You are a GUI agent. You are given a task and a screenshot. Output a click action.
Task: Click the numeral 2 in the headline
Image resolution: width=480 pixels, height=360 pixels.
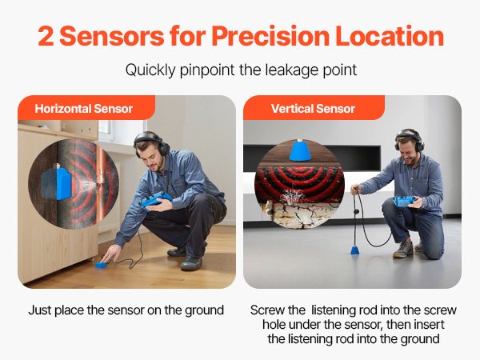point(46,36)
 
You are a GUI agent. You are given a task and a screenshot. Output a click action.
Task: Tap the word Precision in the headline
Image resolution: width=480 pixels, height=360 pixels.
point(270,36)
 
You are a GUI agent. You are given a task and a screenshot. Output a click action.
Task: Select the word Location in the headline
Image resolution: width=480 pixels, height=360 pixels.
point(390,36)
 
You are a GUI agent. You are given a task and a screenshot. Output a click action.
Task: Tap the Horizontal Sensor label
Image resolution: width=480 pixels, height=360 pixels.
point(83,109)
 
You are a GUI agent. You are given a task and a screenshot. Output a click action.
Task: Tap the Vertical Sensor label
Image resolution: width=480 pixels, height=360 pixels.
point(313,109)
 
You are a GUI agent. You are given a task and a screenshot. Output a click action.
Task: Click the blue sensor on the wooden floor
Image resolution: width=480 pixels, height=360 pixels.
point(101,265)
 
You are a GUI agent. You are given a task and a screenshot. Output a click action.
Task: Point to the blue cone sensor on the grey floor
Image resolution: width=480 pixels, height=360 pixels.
point(354,250)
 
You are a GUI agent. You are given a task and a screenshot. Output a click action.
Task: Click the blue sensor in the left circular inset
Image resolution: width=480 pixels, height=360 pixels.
point(63,182)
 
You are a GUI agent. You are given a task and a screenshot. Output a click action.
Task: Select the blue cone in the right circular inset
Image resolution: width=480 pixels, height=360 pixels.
point(300,150)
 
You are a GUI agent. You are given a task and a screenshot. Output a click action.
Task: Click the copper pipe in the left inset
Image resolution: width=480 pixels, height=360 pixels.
point(100,183)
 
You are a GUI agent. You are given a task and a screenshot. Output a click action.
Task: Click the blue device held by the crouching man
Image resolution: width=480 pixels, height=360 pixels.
point(155,200)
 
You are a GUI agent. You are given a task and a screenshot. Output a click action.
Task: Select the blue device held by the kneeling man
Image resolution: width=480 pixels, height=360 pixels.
point(405,201)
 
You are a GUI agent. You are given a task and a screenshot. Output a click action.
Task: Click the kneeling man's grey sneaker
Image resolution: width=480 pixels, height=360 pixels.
point(403,249)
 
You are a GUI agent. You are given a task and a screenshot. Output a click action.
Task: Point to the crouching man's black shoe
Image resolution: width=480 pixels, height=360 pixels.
point(190,262)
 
